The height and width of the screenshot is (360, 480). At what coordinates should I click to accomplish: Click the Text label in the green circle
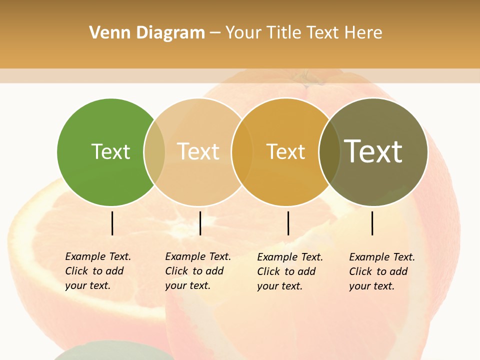[x=110, y=151]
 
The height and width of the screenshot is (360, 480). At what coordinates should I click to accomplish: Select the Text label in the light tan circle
[x=198, y=151]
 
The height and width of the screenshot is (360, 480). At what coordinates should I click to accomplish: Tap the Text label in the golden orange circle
[x=285, y=151]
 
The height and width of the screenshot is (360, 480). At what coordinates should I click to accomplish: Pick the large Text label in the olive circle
[x=373, y=151]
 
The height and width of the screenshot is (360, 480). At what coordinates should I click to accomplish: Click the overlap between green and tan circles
[x=154, y=152]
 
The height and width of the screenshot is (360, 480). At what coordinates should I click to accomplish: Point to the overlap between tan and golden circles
[x=241, y=152]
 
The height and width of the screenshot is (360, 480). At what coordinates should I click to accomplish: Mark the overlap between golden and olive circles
[x=329, y=152]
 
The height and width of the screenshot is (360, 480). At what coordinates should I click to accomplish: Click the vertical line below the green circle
[x=112, y=223]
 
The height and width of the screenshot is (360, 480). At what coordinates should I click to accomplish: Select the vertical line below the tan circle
[x=200, y=223]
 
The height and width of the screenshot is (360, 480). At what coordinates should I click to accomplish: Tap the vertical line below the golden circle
[x=288, y=223]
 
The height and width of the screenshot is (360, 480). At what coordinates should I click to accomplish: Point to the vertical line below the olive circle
[x=372, y=223]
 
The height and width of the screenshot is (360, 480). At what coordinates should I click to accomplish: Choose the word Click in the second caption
[x=176, y=271]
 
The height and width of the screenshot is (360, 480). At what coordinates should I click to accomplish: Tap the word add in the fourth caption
[x=398, y=271]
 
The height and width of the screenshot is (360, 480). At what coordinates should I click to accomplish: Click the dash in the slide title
[x=215, y=33]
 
